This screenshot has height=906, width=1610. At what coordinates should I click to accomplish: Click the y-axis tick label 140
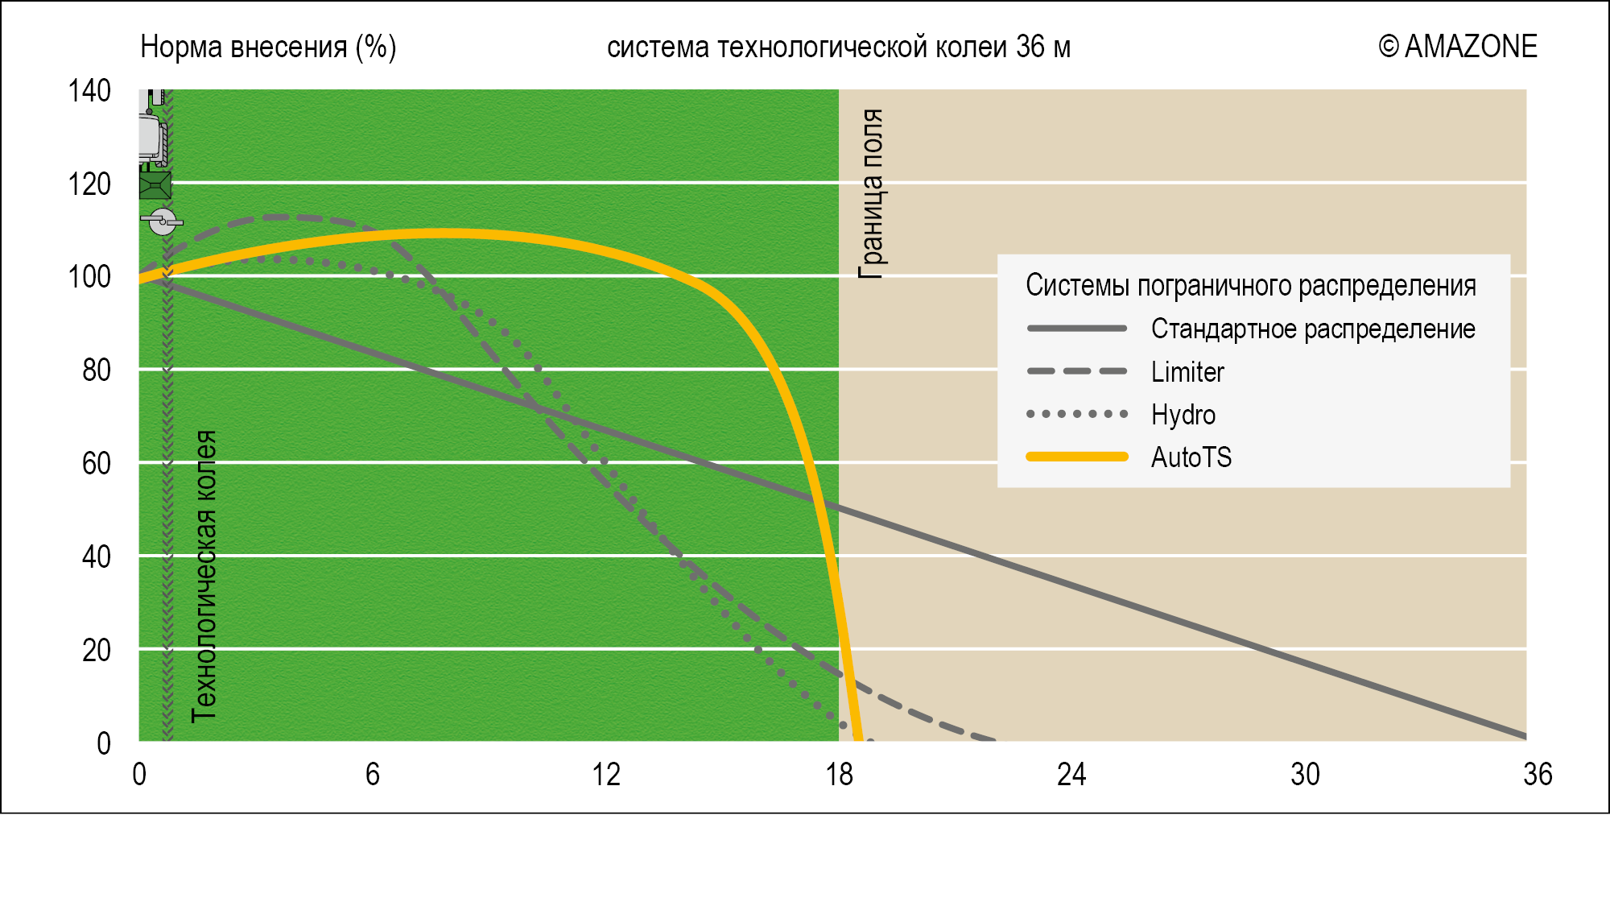point(89,91)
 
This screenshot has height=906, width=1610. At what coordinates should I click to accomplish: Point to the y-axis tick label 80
point(96,370)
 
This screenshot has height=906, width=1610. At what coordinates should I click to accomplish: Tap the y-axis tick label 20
point(96,650)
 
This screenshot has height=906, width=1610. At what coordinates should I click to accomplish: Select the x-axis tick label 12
point(605,775)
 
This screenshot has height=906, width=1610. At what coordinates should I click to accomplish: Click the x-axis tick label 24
point(1071,775)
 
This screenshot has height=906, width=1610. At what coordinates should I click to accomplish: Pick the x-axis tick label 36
point(1537,775)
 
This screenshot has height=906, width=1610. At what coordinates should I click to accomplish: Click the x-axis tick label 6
point(372,775)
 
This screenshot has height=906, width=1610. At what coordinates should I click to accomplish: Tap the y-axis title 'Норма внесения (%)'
point(268,48)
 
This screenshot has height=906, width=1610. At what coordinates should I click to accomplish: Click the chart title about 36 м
point(838,48)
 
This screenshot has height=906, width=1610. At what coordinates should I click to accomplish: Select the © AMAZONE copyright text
point(1457,47)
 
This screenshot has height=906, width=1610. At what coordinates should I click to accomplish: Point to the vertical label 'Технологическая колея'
point(204,576)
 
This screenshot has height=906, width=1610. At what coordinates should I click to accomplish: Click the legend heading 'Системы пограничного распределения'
point(1250,286)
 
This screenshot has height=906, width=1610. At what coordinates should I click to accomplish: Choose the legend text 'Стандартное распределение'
point(1312,329)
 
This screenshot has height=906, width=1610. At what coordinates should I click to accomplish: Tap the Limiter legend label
point(1187,372)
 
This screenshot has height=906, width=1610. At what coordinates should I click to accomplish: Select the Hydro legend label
point(1183,415)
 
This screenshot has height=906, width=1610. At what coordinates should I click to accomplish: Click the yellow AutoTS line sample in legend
point(1077,457)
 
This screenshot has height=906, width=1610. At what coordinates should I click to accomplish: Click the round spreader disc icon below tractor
point(163,221)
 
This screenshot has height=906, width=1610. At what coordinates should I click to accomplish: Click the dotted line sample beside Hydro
point(1077,414)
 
